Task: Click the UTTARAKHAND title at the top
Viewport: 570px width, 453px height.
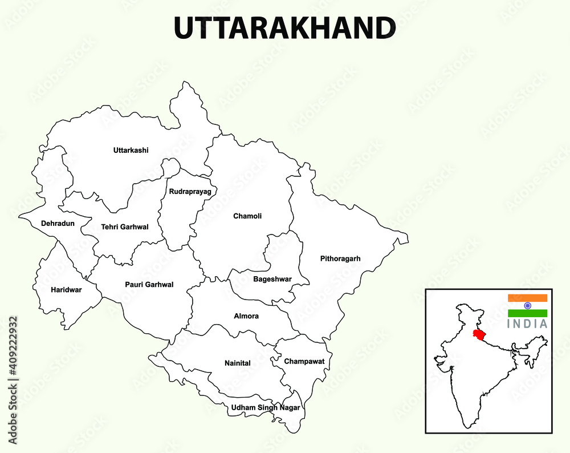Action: coord(284,28)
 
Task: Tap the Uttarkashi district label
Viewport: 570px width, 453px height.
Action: coord(131,151)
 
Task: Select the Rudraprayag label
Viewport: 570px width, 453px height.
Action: coord(190,192)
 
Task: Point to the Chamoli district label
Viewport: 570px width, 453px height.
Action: coord(247,216)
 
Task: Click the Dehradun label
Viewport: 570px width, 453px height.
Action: coord(58,224)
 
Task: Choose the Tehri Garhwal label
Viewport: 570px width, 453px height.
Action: coord(125,227)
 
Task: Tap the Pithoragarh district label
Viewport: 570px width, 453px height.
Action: coord(340,259)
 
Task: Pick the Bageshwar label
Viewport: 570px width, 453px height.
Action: coord(272,279)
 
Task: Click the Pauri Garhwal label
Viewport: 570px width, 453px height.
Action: coord(149,285)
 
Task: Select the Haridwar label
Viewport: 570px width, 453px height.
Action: coord(66,290)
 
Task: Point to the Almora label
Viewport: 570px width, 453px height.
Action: coord(246,316)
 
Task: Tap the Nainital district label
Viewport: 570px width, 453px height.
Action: coord(237,363)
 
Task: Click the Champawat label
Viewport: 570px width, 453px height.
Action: coord(304,362)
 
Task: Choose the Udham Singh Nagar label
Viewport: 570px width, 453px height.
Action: coord(265,408)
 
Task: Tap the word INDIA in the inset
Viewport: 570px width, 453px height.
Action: coord(527,324)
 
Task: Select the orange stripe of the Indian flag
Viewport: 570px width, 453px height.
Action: coord(527,298)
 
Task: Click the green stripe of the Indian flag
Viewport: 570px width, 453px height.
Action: coord(527,313)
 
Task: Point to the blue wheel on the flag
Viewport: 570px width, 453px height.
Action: coord(527,305)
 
